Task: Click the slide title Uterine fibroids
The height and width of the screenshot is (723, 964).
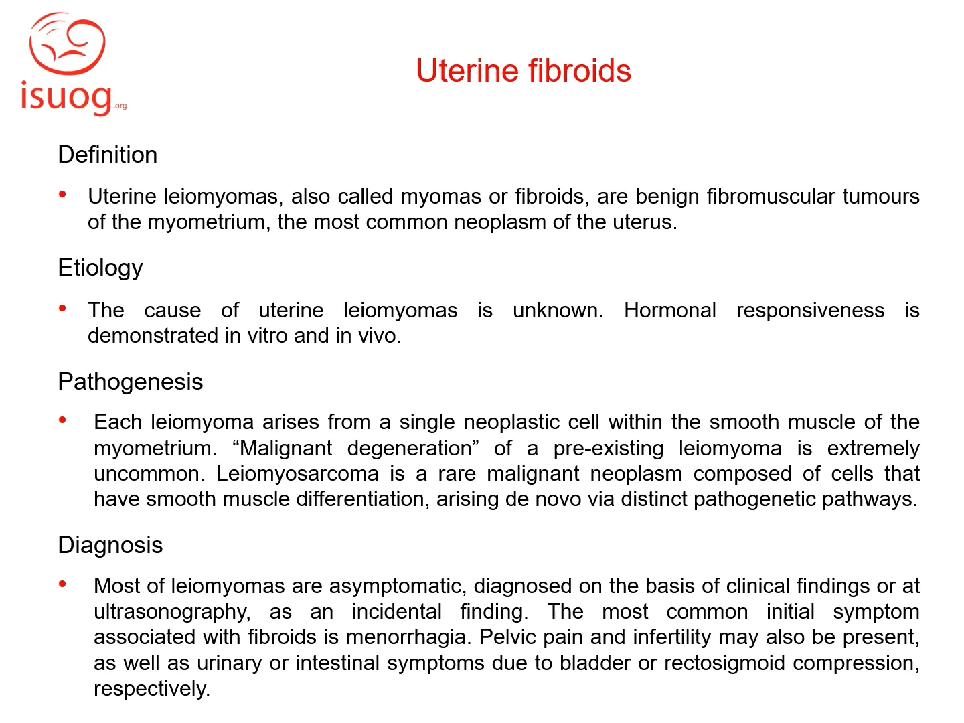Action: click(523, 71)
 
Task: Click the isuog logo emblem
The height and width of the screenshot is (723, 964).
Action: click(67, 44)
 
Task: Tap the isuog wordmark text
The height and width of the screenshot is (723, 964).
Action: click(66, 98)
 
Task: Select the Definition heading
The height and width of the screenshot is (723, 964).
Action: click(108, 155)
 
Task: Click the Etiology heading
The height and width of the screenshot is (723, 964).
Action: click(100, 268)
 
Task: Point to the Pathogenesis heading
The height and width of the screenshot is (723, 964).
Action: click(131, 382)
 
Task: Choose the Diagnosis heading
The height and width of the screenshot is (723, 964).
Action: click(110, 545)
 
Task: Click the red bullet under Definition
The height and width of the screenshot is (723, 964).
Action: click(63, 195)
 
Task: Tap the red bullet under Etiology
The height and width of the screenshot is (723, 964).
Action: click(63, 309)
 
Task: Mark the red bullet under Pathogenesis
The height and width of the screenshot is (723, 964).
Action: click(63, 420)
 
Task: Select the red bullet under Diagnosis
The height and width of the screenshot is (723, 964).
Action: click(63, 584)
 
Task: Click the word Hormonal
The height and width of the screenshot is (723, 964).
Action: click(669, 310)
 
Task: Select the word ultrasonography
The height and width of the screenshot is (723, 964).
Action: click(172, 611)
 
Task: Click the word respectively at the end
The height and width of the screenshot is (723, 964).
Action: click(152, 689)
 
